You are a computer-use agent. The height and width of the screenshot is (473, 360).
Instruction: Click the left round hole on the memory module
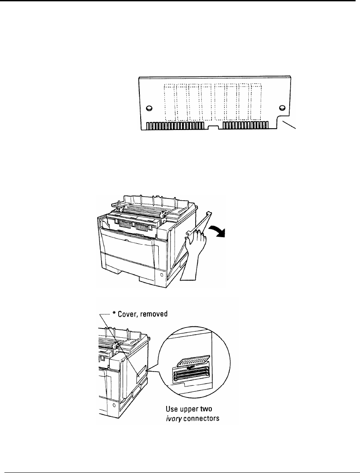tap(149, 108)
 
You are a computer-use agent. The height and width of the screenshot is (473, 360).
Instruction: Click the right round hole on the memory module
tap(282, 108)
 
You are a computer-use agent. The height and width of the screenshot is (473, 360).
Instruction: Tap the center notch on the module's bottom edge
tap(213, 127)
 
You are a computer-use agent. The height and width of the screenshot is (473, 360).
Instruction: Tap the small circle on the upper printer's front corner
tap(161, 274)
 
